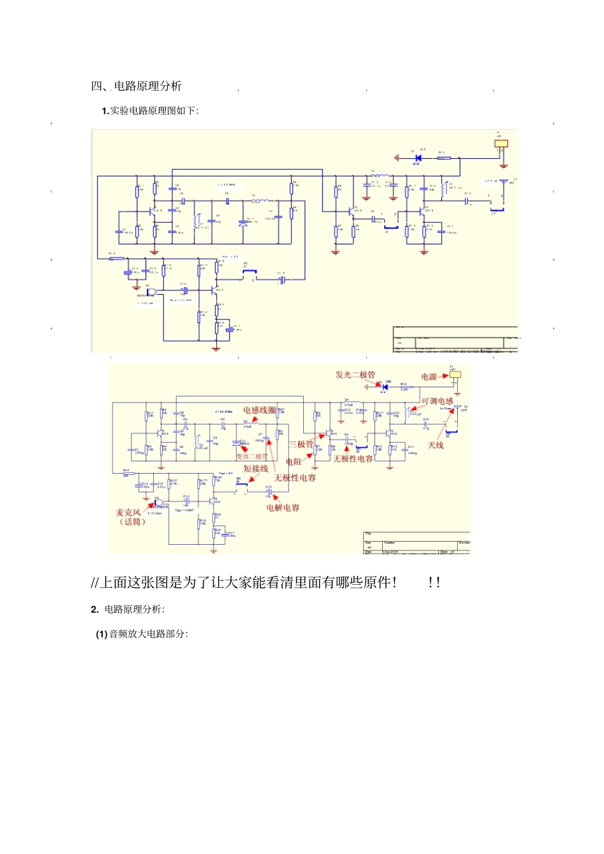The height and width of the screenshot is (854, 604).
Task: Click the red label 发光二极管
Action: (x=355, y=375)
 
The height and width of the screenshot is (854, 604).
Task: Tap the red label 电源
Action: (x=429, y=377)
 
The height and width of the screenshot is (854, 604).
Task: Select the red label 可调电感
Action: (x=437, y=401)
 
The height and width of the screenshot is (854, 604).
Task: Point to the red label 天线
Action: (x=436, y=445)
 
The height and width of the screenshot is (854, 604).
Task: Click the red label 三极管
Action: (x=301, y=444)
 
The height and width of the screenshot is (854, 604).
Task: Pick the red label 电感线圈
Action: (x=259, y=410)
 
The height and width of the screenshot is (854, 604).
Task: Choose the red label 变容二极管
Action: (x=252, y=456)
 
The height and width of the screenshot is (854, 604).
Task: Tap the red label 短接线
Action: (x=256, y=469)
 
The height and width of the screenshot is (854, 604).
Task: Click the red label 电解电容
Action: (x=283, y=507)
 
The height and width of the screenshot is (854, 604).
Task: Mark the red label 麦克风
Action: (x=128, y=512)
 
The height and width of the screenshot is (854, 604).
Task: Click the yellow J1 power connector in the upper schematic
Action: (x=502, y=143)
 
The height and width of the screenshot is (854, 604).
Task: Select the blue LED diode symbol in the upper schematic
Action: (x=418, y=157)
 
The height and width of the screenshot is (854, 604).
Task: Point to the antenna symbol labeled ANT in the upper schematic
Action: (x=504, y=182)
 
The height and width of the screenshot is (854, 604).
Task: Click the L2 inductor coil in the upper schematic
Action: (x=260, y=200)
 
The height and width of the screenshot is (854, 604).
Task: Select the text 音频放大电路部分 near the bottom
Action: (x=148, y=634)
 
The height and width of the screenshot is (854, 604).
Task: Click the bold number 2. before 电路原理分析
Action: (x=95, y=609)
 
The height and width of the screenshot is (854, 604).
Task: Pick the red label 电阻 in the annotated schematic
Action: (x=293, y=462)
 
